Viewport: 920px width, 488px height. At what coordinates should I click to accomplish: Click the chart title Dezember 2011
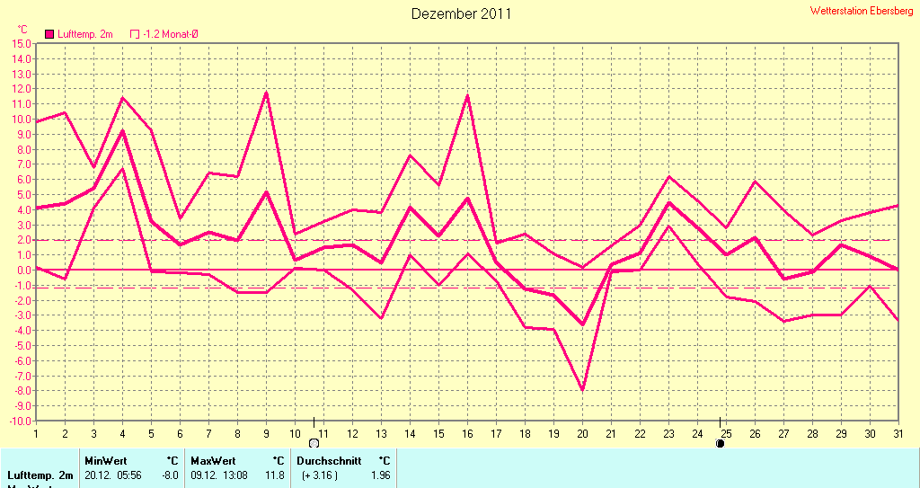click(461, 13)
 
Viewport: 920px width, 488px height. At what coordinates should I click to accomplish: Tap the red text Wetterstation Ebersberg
click(862, 12)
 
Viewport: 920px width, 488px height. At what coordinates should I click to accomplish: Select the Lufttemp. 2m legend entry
click(79, 34)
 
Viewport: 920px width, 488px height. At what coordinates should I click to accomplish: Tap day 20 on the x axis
click(581, 433)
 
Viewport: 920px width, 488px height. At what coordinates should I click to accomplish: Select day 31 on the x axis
click(898, 433)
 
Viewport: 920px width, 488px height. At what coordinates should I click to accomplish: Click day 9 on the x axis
click(266, 433)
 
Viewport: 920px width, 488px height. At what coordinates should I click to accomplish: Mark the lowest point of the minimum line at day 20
click(582, 390)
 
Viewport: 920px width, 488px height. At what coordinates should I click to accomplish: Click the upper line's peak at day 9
click(266, 93)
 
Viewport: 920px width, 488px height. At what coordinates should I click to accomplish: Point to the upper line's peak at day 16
click(467, 95)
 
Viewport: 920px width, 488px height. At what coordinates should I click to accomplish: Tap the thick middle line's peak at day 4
click(122, 131)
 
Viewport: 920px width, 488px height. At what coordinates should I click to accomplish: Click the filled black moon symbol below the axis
click(720, 443)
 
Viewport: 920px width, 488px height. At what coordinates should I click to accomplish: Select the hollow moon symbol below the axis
click(314, 443)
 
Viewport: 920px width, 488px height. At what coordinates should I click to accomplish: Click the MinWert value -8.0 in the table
click(169, 475)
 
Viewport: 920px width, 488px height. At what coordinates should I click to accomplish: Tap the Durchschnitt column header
click(329, 460)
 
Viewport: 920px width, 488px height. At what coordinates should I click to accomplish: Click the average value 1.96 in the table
click(380, 475)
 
